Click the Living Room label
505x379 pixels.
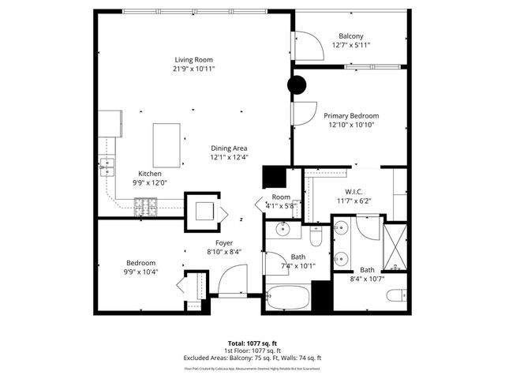pos(193,59)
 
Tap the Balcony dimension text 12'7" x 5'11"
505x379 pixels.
pos(351,46)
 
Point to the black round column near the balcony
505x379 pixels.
pos(297,84)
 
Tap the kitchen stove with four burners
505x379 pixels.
pos(146,207)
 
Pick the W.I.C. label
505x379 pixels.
pos(353,191)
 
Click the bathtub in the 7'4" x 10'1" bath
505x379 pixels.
pos(288,298)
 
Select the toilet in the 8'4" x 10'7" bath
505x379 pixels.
pos(396,297)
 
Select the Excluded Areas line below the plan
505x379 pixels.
pos(252,358)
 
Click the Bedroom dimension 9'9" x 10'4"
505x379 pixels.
pos(141,272)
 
